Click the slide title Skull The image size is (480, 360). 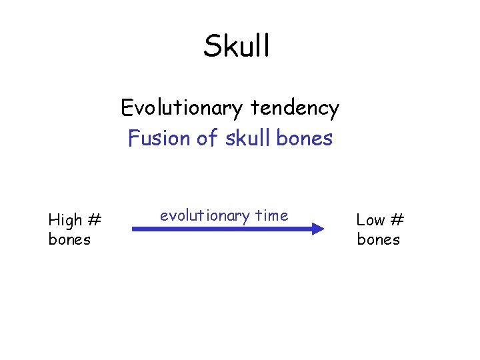coord(237,46)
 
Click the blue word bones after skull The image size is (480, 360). coord(303,138)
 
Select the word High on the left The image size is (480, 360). coord(65,219)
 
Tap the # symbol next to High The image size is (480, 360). coord(94,219)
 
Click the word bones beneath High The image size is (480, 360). coord(69,239)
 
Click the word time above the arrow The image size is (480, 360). coord(271,215)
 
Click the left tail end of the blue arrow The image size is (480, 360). coord(134,229)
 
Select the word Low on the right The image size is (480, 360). coord(370,219)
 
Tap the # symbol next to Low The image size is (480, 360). coord(397,219)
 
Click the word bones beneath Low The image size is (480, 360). coord(378,239)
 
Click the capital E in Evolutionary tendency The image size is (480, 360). coord(127,107)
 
